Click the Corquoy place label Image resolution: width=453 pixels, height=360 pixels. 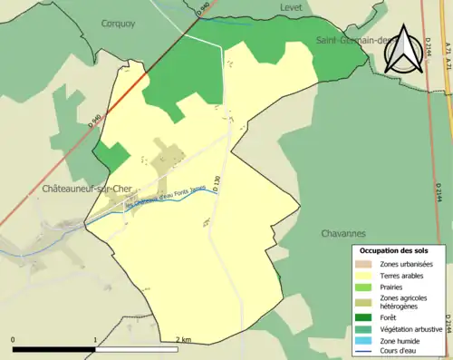[118, 24]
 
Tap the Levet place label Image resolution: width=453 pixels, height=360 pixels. [291, 7]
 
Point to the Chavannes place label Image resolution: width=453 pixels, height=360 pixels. [342, 233]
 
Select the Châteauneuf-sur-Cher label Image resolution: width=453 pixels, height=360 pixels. [87, 189]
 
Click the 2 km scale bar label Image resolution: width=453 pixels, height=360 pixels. [183, 340]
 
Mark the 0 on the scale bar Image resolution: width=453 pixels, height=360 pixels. [14, 340]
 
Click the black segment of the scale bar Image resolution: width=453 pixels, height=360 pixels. [54, 349]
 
